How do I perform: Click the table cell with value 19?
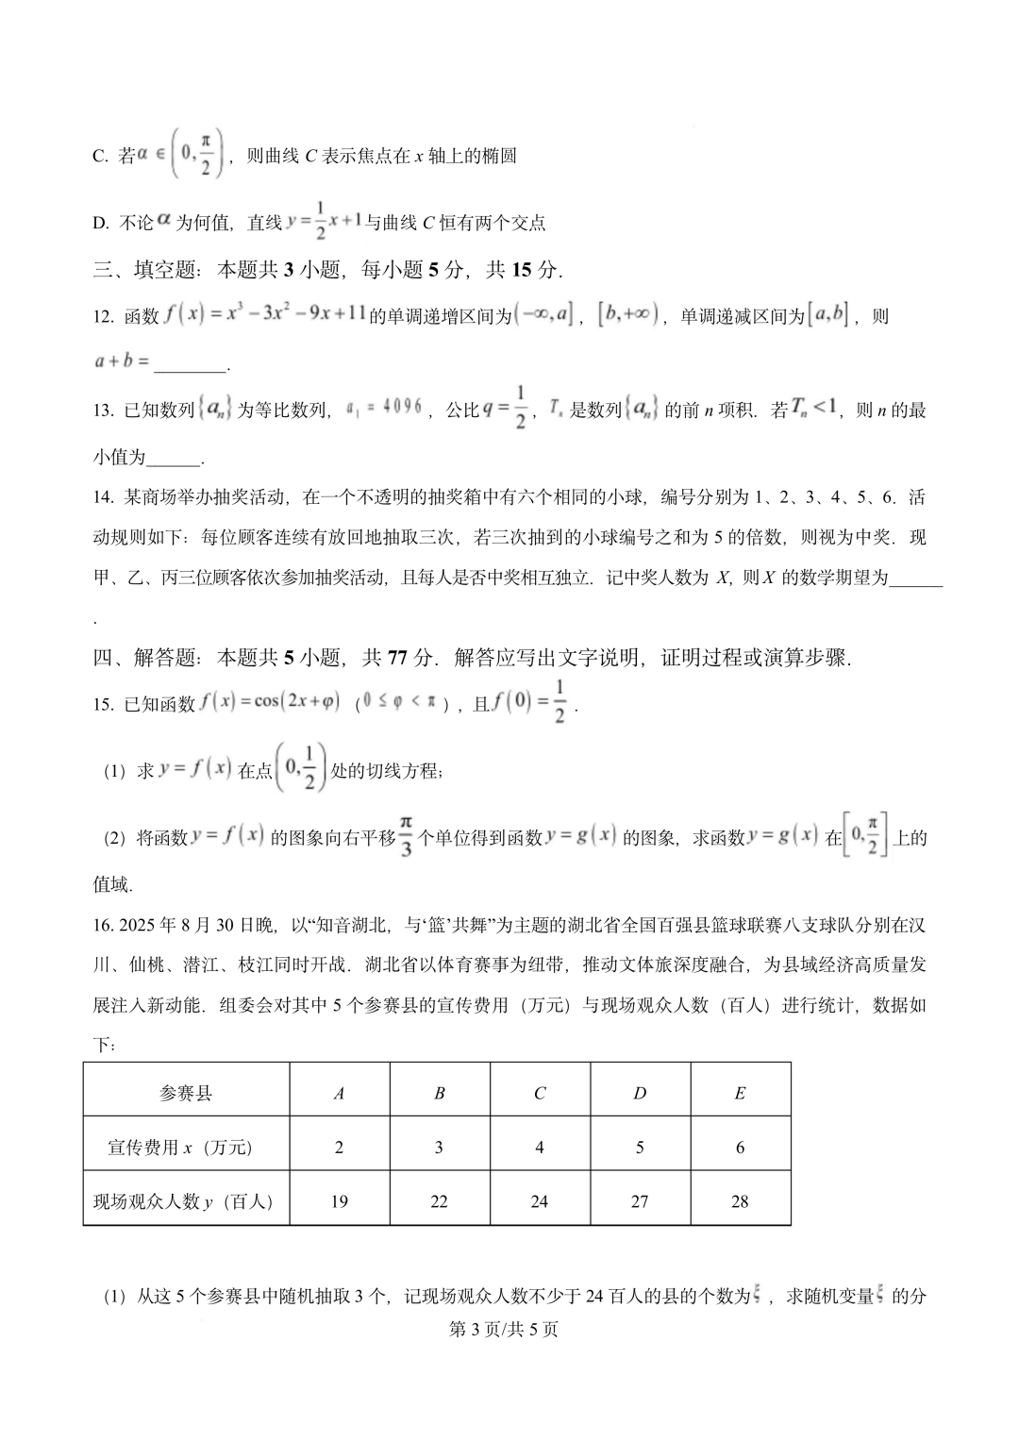click(x=339, y=1201)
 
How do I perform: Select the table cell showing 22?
click(x=439, y=1201)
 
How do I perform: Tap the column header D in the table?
click(x=640, y=1093)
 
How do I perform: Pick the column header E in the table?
click(x=740, y=1093)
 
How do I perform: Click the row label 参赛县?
click(x=186, y=1093)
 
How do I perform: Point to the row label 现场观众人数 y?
click(x=184, y=1201)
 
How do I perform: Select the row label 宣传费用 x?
click(x=180, y=1148)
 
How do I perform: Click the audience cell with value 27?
click(x=640, y=1201)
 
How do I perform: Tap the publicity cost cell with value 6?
click(x=740, y=1148)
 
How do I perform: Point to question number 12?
click(x=104, y=317)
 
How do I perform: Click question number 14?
click(x=104, y=497)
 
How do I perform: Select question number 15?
click(x=104, y=704)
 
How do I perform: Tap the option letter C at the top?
click(x=100, y=157)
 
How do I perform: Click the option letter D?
click(x=100, y=224)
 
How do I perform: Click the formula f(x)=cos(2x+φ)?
click(x=270, y=703)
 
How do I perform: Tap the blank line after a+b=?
click(x=190, y=361)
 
